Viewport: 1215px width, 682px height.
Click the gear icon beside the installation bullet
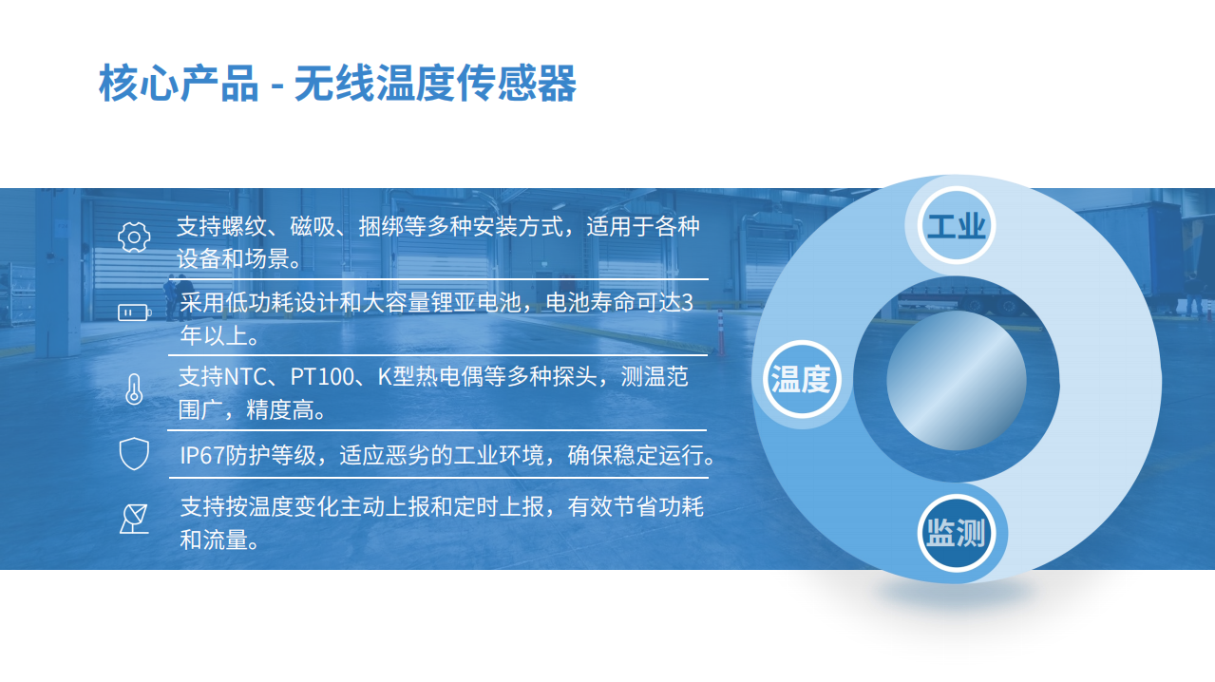coord(134,237)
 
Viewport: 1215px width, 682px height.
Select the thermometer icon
coord(134,389)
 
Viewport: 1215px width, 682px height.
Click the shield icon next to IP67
coord(134,454)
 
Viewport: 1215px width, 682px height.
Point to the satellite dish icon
coord(134,519)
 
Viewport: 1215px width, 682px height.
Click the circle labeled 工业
coord(957,225)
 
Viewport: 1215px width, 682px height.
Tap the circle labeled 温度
coord(802,379)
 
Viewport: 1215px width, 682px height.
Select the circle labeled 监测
coord(957,533)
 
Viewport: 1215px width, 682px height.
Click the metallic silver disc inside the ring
coord(957,380)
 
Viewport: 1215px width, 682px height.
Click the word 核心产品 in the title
coord(179,83)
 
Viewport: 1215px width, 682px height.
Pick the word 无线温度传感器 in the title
coord(435,83)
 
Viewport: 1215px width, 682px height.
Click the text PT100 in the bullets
coord(322,376)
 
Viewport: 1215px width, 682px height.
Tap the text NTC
coord(245,376)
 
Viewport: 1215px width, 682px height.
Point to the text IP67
coord(201,455)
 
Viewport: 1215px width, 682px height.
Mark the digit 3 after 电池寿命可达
coord(687,303)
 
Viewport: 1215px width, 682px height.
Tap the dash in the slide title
coord(276,85)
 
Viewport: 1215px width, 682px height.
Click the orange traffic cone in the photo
coord(721,332)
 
